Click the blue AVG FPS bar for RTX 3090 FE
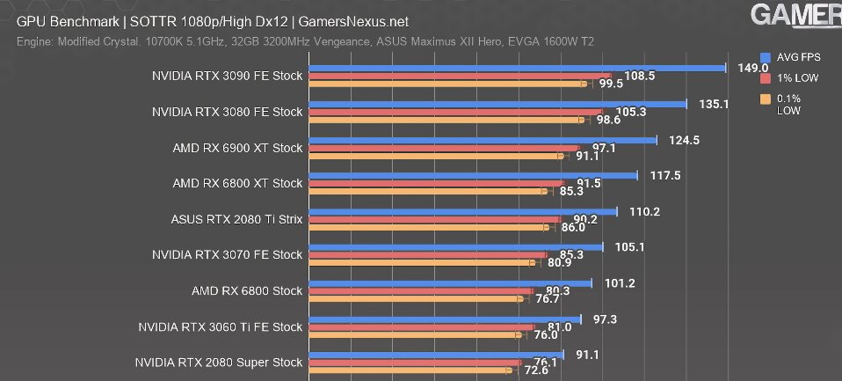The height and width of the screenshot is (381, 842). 519,67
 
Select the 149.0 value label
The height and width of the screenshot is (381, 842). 753,67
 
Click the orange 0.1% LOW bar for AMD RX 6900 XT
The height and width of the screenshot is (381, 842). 436,157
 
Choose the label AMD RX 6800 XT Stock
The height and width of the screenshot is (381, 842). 237,183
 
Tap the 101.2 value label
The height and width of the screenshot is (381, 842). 619,283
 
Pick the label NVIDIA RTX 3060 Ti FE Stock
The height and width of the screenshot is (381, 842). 220,327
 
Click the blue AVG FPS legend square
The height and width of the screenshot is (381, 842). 766,56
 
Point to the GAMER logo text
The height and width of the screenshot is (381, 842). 795,16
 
